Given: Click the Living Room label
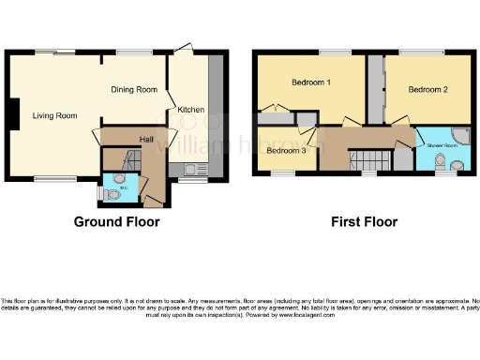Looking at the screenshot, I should (x=52, y=115).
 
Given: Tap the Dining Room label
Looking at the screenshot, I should (x=134, y=90).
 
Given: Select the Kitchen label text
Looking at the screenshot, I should (x=190, y=110).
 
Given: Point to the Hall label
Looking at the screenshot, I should (x=146, y=138).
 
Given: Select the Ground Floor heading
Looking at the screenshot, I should (x=116, y=222).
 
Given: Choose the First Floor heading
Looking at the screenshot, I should (x=363, y=222).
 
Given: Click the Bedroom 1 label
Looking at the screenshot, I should (x=310, y=83).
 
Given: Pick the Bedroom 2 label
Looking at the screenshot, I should (x=427, y=89).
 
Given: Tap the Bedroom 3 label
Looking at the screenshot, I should (x=286, y=150).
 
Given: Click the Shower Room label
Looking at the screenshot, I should (x=442, y=144).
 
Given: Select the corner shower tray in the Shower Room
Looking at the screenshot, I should (x=460, y=135).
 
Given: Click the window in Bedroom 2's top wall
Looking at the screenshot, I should (x=429, y=52).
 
